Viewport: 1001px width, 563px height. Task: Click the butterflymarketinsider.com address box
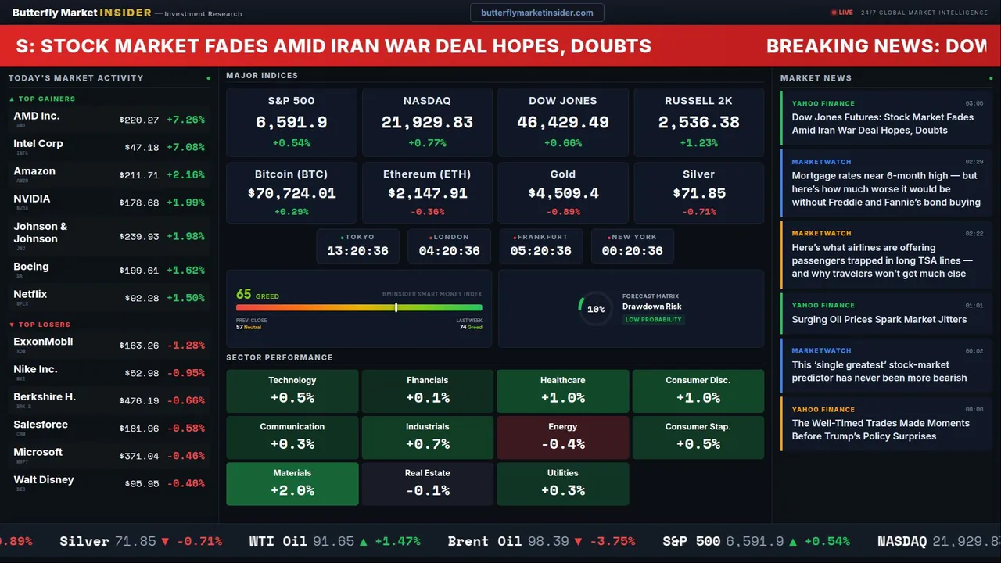[536, 13]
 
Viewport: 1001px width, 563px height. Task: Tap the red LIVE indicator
[842, 13]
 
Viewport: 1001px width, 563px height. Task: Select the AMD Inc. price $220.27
[138, 120]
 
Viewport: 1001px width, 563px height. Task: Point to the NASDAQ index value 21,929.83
[427, 123]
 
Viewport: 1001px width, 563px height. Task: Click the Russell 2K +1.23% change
[698, 143]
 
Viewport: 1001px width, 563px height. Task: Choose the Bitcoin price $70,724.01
[292, 193]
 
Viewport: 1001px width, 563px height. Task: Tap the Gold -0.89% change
[562, 212]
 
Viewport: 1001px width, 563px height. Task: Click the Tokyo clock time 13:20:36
[357, 251]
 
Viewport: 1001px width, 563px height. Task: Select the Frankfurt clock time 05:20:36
[540, 251]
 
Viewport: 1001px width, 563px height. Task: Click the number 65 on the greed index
[244, 295]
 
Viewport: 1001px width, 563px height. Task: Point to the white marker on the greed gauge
[396, 307]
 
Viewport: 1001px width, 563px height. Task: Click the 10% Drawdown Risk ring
[595, 309]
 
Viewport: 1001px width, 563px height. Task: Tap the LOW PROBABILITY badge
[653, 320]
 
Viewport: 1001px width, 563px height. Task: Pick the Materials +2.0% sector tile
[292, 484]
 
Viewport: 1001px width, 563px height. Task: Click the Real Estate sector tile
[427, 484]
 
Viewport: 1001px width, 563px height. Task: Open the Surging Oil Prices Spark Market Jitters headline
[879, 319]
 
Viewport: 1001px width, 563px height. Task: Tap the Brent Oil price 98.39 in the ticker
[547, 541]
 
